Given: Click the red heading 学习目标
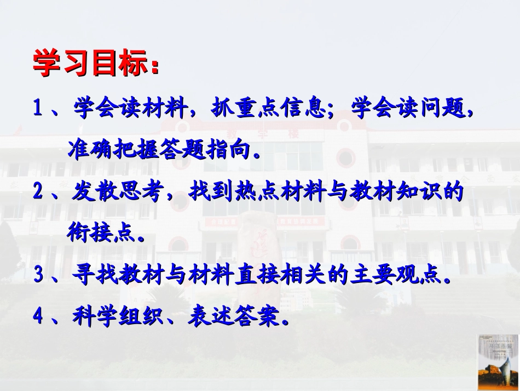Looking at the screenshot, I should (x=93, y=64).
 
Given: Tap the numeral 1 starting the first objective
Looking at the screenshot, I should (x=38, y=107).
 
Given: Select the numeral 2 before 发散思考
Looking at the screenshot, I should (x=38, y=192).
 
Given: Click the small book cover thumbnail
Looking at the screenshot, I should (x=497, y=362).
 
